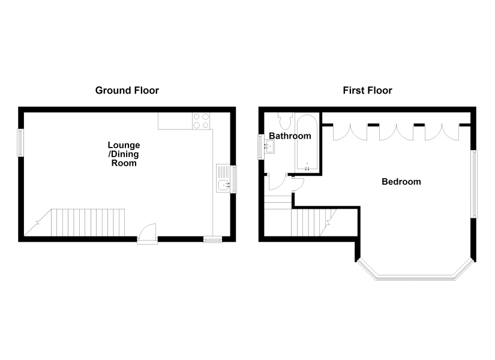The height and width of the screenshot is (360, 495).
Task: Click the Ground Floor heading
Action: click(127, 91)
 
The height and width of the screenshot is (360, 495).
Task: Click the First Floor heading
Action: click(367, 91)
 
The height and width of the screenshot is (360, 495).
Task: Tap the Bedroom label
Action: click(401, 182)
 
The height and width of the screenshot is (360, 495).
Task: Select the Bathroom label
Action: click(290, 136)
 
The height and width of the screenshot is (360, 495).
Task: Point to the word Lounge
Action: click(124, 145)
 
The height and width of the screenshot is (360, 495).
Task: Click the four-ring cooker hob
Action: click(201, 121)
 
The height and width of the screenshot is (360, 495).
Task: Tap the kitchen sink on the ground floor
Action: click(223, 178)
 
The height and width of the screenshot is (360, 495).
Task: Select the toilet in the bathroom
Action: click(286, 121)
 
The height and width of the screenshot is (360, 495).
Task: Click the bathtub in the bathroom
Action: click(307, 142)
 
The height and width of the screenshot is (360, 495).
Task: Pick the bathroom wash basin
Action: click(269, 146)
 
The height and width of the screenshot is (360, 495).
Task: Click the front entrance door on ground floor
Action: click(148, 234)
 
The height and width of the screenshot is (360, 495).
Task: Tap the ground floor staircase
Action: click(74, 223)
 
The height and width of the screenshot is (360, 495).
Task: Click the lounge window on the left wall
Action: click(20, 143)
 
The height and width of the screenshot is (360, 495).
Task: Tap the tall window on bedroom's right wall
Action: click(474, 184)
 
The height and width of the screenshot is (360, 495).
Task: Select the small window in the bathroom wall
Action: click(261, 146)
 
